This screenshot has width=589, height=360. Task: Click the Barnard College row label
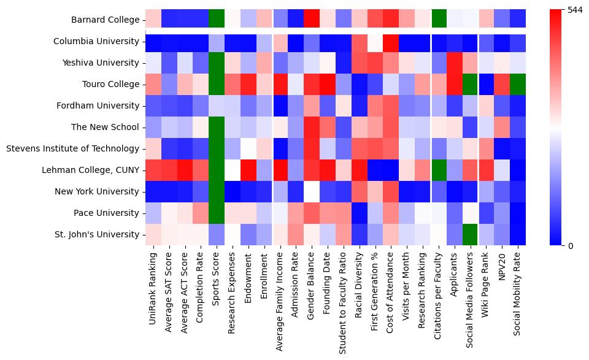coord(105,20)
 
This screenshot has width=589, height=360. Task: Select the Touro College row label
coord(109,84)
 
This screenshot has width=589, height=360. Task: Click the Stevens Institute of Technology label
coord(72,148)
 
